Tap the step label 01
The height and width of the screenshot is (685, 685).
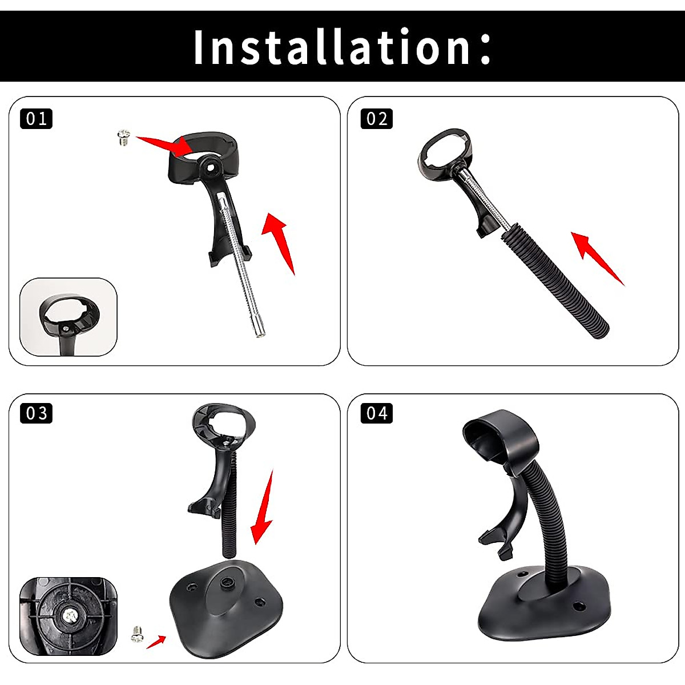pos(37,119)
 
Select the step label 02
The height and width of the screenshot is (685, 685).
pos(377,119)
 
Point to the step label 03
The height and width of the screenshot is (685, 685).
pos(37,413)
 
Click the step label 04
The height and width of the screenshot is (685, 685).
pos(377,413)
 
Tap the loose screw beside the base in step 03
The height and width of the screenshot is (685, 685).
pos(136,633)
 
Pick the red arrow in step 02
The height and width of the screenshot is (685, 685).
pos(596,257)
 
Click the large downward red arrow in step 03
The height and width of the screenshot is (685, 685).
pos(263,508)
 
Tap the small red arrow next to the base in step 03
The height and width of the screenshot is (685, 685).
pos(156,642)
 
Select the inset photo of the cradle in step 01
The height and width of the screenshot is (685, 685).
pos(68,317)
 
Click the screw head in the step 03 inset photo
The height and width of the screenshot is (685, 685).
pos(68,615)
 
